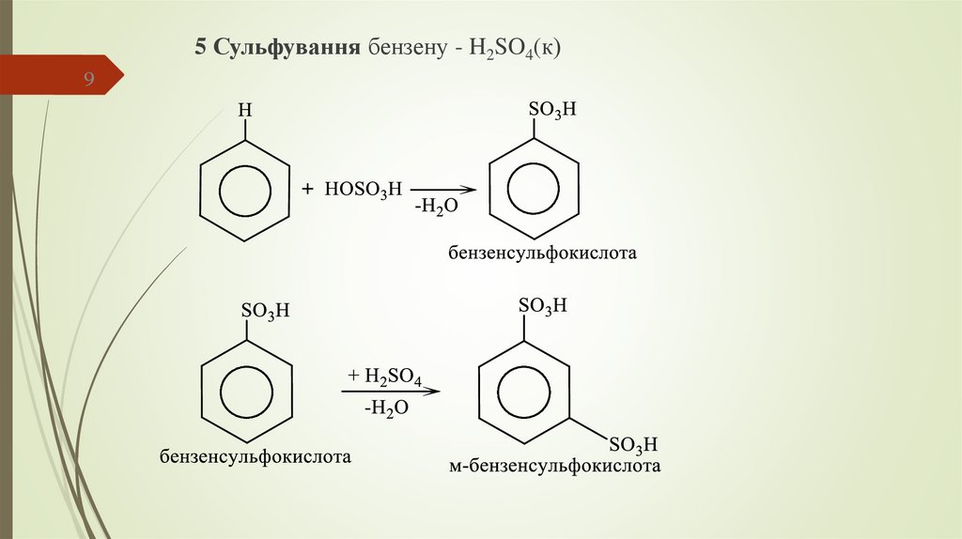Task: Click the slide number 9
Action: click(90, 80)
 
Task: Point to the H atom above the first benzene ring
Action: click(244, 112)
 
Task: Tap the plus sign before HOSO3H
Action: click(307, 190)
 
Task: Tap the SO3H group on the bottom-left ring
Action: click(266, 312)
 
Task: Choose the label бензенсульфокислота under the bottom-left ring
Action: click(256, 457)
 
